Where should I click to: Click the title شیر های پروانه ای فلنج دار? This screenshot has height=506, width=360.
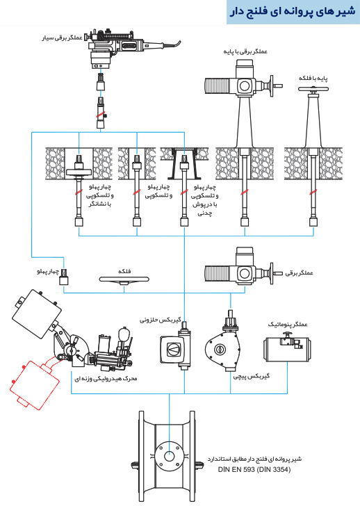coord(293,12)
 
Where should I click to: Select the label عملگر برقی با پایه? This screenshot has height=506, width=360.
coord(245,51)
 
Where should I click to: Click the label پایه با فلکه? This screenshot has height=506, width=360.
coord(313,78)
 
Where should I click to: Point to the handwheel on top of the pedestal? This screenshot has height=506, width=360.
coord(313,89)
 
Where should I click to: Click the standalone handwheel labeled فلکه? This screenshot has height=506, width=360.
coord(124,280)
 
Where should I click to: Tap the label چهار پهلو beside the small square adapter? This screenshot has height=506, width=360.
coord(47,272)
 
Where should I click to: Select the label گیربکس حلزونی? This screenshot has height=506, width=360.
coord(160,320)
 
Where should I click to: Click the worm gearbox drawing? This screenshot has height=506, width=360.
coord(176,347)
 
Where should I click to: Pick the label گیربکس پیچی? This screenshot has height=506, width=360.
coord(252,376)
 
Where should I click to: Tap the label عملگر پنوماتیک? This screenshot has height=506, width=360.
coord(288,325)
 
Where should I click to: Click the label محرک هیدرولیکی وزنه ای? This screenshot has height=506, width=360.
coord(106,378)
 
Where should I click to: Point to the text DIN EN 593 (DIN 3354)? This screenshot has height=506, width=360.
coord(254,470)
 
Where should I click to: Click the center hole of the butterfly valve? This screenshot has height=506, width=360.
coord(169,456)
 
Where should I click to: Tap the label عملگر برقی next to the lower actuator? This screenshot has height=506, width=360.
coord(299,273)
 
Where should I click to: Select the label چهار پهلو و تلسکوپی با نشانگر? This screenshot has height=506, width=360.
coord(99,195)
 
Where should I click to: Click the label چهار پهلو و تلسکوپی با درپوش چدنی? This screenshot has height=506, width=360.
coord(204,200)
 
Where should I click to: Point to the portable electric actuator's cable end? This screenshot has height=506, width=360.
coord(180,41)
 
